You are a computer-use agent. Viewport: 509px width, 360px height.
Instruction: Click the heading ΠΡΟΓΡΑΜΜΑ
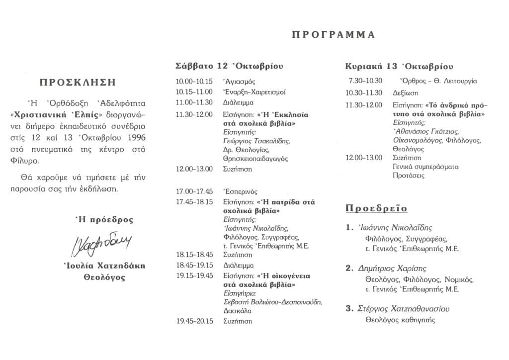pos(333,35)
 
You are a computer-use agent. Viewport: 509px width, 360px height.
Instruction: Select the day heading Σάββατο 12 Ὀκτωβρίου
pos(229,66)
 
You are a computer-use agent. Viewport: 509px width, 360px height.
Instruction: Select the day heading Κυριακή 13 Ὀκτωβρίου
pos(399,66)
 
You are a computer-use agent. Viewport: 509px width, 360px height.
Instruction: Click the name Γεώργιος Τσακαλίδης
pos(256,141)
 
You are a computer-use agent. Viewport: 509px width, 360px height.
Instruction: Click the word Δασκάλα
pos(238,311)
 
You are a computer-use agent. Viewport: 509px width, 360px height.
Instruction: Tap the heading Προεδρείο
pos(376,208)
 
